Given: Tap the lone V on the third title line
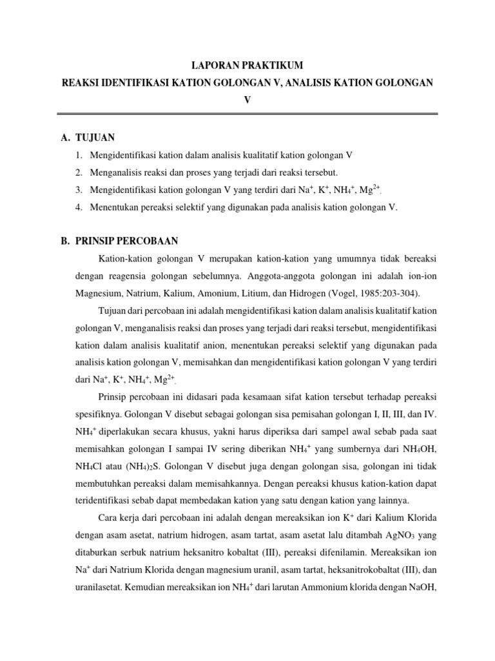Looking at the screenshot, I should pos(247,100).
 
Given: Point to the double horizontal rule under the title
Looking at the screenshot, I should pos(247,114).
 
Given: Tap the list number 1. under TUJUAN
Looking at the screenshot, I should pos(78,156).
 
